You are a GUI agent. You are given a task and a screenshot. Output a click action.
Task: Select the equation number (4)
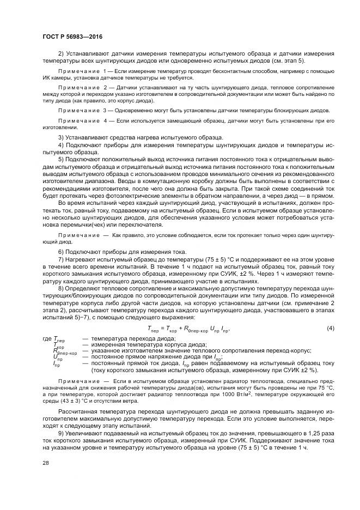point(330,329)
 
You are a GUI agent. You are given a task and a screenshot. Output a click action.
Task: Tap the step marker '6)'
point(61,251)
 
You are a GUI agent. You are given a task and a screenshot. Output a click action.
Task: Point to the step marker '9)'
point(61,433)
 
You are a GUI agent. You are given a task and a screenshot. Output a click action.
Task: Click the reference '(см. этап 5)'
point(291,60)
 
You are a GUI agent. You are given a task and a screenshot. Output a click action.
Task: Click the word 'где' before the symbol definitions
point(47,339)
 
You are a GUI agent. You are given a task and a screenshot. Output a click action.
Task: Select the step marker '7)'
point(61,259)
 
